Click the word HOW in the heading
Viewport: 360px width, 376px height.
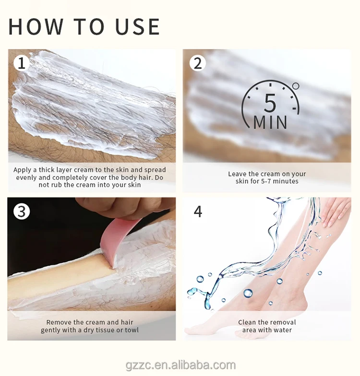[x=36, y=26]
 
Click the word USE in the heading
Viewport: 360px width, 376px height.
[x=137, y=26]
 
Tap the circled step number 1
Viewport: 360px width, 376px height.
[x=22, y=63]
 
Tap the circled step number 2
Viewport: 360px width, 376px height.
[x=198, y=63]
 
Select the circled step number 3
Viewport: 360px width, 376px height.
[x=22, y=211]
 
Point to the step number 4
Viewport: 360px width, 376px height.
[x=198, y=211]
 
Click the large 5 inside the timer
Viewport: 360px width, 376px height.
[x=270, y=103]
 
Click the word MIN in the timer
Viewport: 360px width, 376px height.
[x=270, y=122]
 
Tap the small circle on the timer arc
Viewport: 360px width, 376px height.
[x=296, y=86]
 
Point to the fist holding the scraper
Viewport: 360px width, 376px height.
[x=125, y=207]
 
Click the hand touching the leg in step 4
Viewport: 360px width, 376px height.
[x=335, y=211]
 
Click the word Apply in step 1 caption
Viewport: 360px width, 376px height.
[x=22, y=170]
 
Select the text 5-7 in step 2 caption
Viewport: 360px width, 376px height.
[x=266, y=181]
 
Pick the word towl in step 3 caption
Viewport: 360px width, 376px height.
[x=132, y=330]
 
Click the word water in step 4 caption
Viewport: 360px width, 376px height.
[x=283, y=330]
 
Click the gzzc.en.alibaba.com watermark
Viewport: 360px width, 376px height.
[x=180, y=365]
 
